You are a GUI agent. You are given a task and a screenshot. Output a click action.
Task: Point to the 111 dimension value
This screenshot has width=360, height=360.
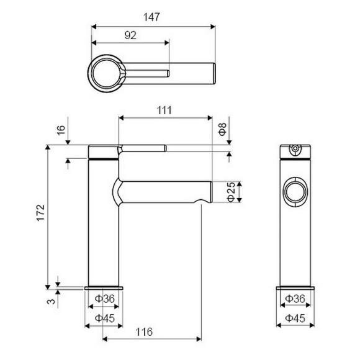pyautogui.click(x=164, y=110)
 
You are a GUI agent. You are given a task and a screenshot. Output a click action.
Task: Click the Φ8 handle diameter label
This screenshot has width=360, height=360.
pyautogui.click(x=222, y=130)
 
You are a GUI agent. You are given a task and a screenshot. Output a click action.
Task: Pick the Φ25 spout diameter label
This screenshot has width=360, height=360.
pyautogui.click(x=230, y=192)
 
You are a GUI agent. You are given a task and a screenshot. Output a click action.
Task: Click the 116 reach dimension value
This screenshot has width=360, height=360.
pyautogui.click(x=144, y=332)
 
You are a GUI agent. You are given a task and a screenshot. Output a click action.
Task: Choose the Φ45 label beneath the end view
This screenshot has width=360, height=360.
pyautogui.click(x=295, y=318)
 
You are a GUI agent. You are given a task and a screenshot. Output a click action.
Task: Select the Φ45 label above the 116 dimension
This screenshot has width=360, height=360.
pyautogui.click(x=104, y=318)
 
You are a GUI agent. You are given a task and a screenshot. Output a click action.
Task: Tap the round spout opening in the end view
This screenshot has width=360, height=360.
pyautogui.click(x=295, y=192)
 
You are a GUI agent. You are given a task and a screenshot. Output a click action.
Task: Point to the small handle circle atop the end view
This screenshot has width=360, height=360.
pyautogui.click(x=295, y=150)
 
